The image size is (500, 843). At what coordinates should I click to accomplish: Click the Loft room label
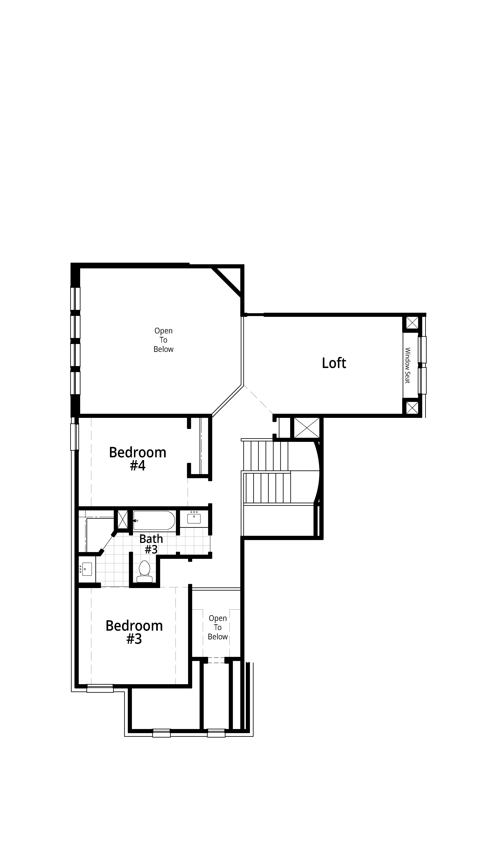tap(334, 363)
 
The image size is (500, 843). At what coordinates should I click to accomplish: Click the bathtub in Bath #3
tap(154, 521)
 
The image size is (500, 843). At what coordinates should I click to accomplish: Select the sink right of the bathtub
tap(194, 518)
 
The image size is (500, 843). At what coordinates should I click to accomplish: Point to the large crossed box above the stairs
tap(307, 428)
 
